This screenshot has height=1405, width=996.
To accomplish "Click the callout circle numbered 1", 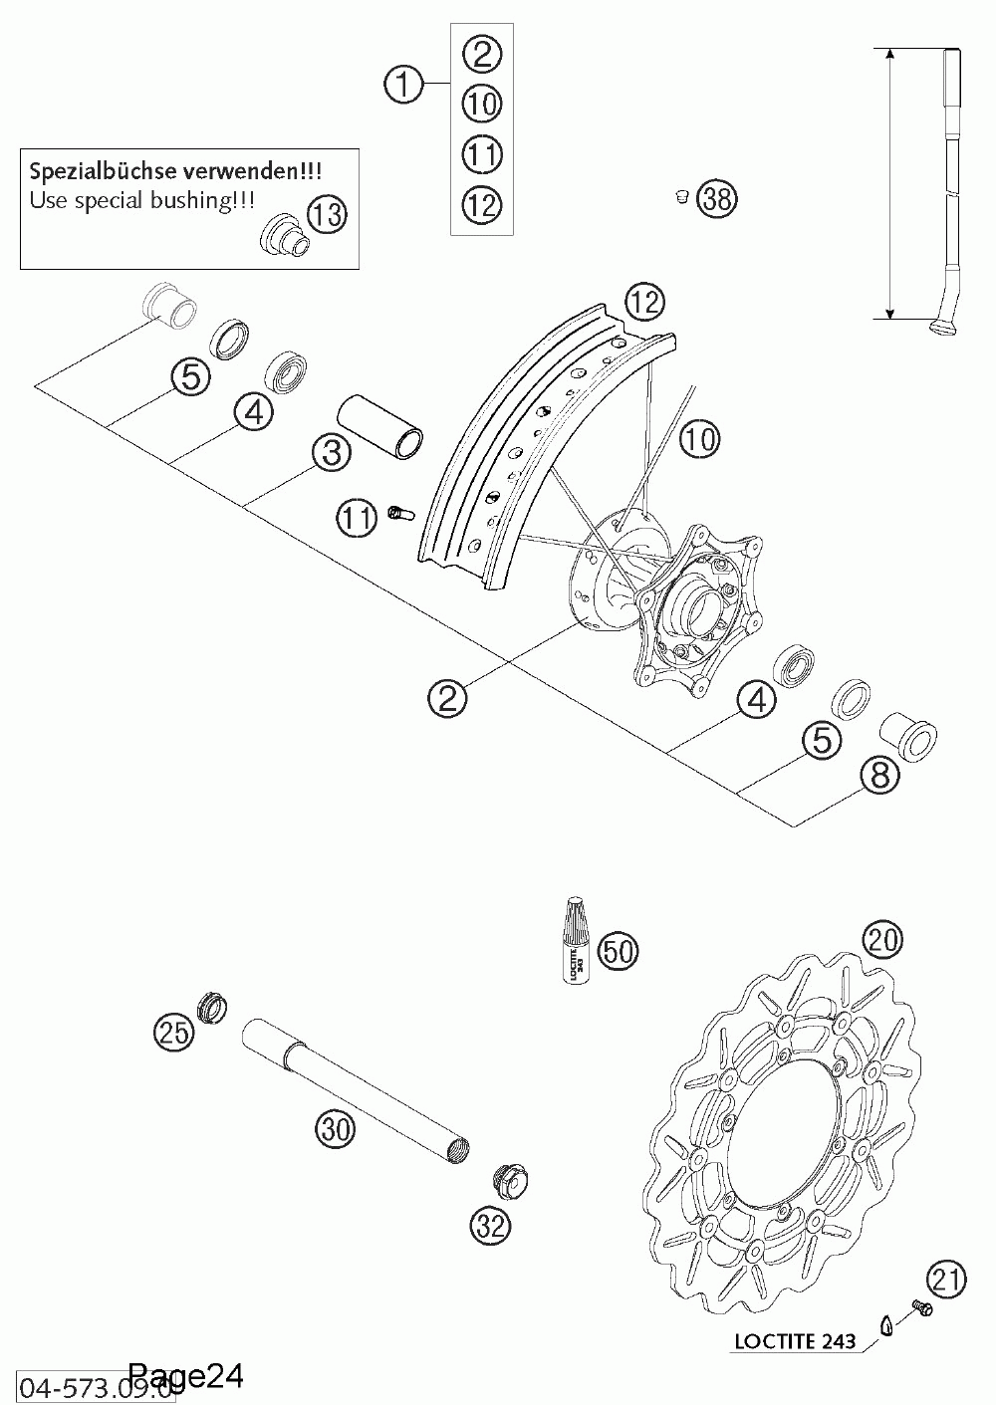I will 402,86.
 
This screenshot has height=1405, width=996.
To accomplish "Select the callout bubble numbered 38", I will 716,198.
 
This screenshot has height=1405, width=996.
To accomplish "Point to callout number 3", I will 331,453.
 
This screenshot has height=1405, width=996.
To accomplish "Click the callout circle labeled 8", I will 879,776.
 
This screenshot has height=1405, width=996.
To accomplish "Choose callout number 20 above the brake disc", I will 883,938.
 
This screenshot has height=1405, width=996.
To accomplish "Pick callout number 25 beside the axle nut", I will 174,1032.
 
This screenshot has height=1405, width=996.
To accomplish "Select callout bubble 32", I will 490,1227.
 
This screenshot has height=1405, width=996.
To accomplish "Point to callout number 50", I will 618,951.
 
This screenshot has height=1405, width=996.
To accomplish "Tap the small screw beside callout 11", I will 399,514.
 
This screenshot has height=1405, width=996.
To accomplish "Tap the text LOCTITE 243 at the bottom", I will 795,1341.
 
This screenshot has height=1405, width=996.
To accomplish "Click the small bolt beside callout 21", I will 919,1305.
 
